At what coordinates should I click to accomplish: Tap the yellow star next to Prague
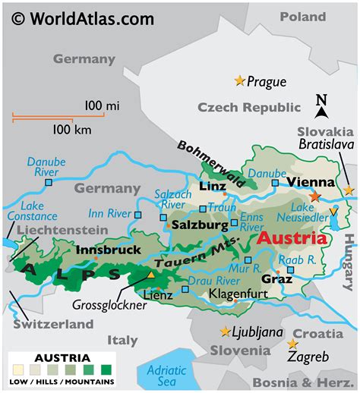(241, 80)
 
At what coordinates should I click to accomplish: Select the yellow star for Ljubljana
(225, 332)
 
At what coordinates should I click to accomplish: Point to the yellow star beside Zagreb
(292, 344)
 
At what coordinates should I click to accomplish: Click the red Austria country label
(292, 238)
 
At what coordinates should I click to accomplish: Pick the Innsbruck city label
(109, 250)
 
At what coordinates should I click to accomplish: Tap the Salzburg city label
(199, 225)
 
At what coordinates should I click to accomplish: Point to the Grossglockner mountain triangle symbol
(151, 276)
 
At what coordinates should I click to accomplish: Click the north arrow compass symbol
(321, 107)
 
